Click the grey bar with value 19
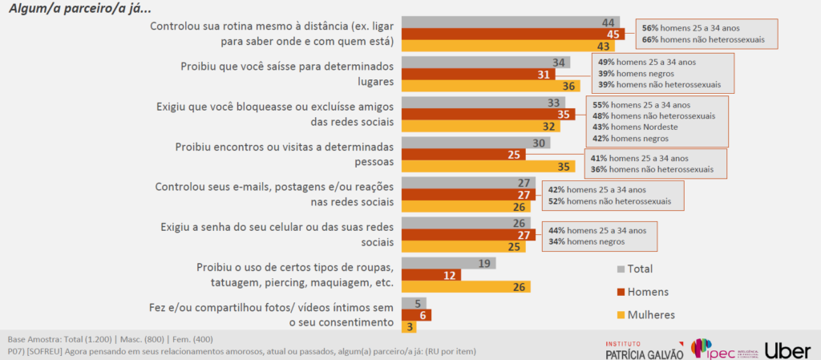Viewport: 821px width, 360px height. click(448, 263)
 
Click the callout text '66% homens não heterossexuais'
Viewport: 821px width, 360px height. click(703, 38)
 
